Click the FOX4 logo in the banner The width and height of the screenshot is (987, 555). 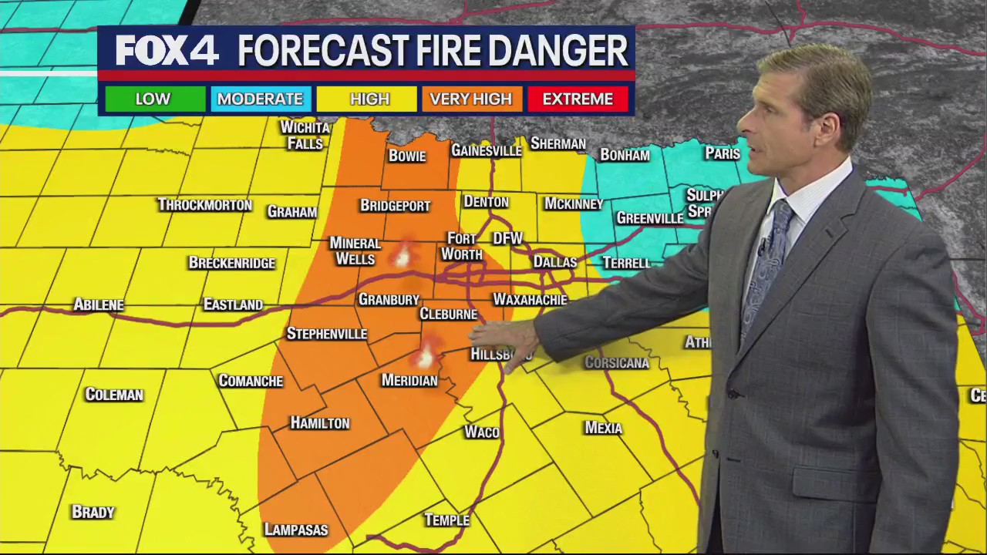click(x=167, y=51)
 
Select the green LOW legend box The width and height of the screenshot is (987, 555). click(x=153, y=99)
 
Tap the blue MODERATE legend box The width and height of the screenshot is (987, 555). click(x=260, y=99)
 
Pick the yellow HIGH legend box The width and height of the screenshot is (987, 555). click(x=370, y=99)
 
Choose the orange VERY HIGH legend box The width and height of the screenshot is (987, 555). click(x=470, y=99)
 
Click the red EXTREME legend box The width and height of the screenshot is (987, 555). click(x=578, y=99)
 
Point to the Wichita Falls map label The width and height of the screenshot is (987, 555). click(x=305, y=135)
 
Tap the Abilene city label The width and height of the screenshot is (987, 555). click(x=99, y=304)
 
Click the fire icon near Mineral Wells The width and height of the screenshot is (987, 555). click(x=402, y=256)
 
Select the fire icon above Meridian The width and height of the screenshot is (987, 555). click(x=425, y=355)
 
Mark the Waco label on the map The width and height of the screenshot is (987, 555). click(x=482, y=432)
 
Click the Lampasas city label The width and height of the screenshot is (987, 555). click(x=296, y=530)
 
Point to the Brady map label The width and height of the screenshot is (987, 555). click(x=93, y=512)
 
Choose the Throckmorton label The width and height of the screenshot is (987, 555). click(x=205, y=204)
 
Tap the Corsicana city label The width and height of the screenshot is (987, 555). click(x=617, y=362)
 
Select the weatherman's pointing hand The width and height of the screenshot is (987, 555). click(x=505, y=337)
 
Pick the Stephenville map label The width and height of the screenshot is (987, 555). click(x=327, y=334)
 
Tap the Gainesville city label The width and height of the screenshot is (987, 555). click(x=487, y=150)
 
